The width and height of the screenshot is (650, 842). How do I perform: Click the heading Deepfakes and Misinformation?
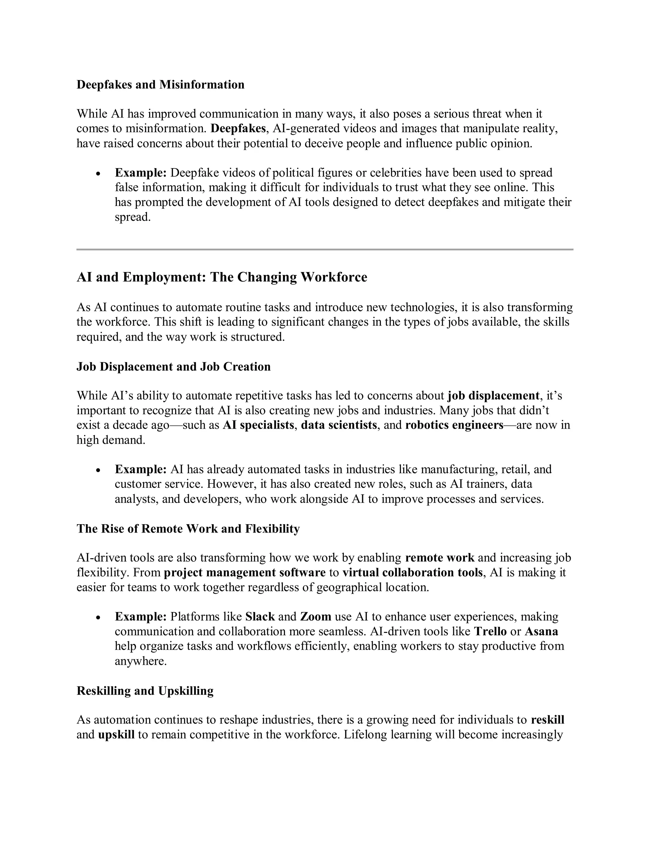click(x=160, y=85)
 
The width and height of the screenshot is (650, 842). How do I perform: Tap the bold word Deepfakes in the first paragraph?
click(x=238, y=128)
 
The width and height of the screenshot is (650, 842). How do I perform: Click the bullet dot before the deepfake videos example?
click(x=99, y=174)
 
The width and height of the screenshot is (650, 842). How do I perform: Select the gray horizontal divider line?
click(x=325, y=249)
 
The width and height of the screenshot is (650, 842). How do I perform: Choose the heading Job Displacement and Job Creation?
click(x=173, y=366)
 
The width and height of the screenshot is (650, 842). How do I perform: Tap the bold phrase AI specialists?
click(x=258, y=425)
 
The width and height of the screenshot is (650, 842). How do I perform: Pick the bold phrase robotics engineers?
click(x=454, y=425)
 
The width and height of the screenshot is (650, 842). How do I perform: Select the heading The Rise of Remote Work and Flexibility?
click(x=188, y=529)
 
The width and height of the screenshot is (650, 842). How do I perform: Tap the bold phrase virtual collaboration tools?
click(x=412, y=573)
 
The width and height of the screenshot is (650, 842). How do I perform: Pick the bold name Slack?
click(x=260, y=617)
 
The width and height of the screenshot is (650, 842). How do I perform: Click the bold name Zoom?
click(x=316, y=617)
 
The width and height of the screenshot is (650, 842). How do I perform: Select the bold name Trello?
click(x=490, y=632)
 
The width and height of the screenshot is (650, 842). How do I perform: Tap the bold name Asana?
click(x=541, y=632)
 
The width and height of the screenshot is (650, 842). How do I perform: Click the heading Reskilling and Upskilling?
click(x=145, y=691)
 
